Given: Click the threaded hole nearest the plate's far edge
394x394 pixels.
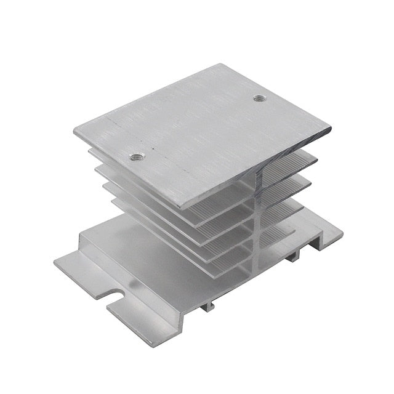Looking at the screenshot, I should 256,97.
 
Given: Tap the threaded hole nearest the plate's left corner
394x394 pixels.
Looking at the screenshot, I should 137,156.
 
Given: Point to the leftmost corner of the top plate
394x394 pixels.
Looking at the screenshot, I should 74,131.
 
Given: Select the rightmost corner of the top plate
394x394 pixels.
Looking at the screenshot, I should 331,129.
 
